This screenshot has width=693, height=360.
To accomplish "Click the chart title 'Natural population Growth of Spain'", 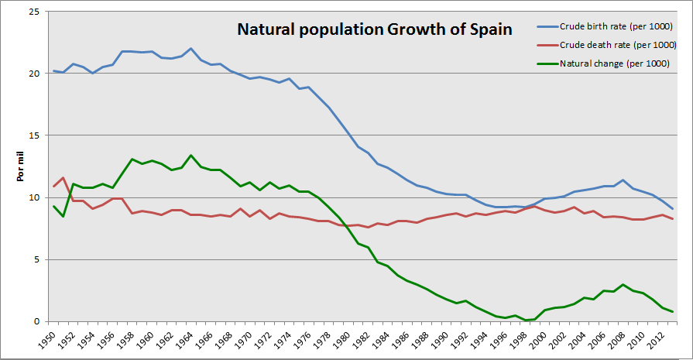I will click(374, 30).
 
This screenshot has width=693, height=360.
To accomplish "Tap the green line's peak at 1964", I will click(191, 155).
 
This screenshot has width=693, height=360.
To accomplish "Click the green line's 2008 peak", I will click(623, 284).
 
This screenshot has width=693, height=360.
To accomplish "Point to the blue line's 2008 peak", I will click(623, 180).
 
